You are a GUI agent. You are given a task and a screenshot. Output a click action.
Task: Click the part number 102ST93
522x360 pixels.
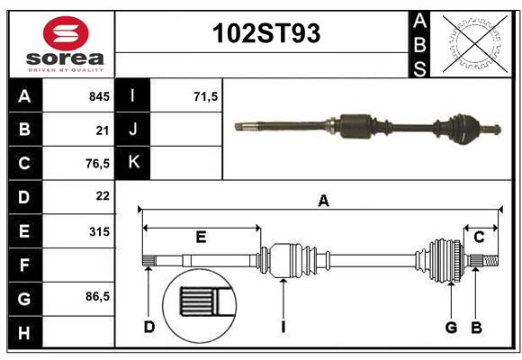point(265,34)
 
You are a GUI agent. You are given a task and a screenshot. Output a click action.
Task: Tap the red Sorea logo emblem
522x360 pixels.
point(66,34)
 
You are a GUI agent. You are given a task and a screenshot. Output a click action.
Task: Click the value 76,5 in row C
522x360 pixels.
point(96,163)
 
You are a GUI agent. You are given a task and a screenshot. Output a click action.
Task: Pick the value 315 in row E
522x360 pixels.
point(99,231)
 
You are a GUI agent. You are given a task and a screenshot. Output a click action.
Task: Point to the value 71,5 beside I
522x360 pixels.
point(206,96)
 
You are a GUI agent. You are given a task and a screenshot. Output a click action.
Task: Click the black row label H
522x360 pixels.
point(24,334)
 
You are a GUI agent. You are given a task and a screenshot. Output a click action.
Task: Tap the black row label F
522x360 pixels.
point(24,265)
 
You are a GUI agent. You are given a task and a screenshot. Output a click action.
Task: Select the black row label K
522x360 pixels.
point(133,163)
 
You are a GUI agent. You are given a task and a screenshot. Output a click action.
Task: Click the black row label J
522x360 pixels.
point(133,130)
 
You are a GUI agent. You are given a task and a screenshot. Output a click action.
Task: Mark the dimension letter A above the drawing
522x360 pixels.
point(323,202)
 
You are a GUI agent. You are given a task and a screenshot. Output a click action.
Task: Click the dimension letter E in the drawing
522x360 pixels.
point(201,237)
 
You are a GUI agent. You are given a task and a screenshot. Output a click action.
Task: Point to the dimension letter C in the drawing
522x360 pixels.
point(479,237)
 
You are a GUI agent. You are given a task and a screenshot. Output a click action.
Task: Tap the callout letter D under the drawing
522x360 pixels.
point(148,327)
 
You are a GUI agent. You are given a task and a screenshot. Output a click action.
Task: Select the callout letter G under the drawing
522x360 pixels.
point(451,327)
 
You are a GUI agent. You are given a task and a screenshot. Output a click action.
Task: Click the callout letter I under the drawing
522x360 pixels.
point(283,327)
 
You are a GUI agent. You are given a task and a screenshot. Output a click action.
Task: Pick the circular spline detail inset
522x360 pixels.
point(199,303)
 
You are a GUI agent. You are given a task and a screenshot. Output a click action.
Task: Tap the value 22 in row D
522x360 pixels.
point(102,196)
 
